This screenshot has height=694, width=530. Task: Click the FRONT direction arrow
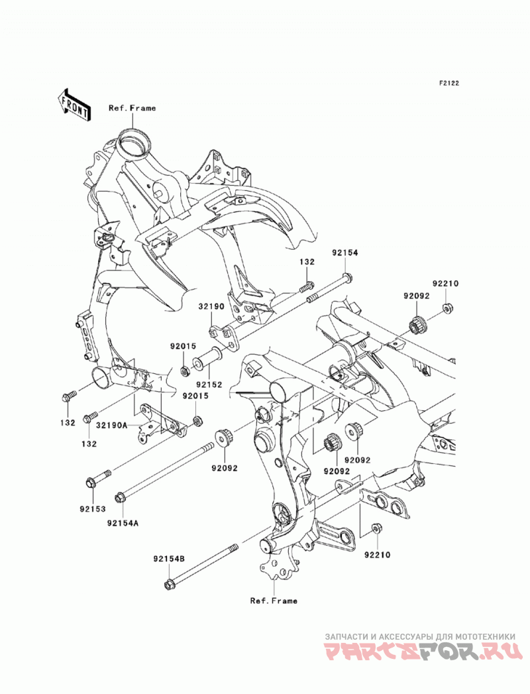74,105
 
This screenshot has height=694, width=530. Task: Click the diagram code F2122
449,83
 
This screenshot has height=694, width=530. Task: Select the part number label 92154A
122,523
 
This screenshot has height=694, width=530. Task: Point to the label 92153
93,508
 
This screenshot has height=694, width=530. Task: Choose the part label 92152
209,385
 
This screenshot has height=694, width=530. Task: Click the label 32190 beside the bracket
211,306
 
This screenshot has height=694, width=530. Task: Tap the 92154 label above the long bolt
345,253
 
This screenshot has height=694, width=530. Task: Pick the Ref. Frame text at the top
132,107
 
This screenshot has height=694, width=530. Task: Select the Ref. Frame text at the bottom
274,601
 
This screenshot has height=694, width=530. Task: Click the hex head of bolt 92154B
168,585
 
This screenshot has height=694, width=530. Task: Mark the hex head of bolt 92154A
119,498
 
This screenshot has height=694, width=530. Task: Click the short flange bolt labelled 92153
98,479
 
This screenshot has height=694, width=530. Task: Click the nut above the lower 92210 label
376,529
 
